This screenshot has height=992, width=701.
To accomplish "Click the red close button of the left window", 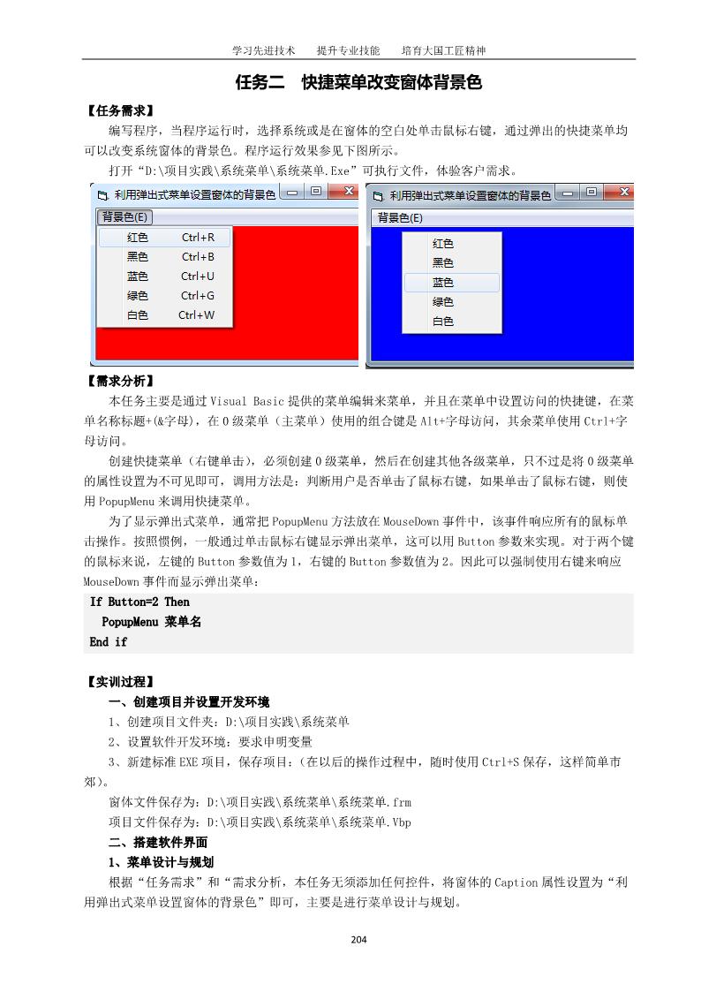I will (348, 192).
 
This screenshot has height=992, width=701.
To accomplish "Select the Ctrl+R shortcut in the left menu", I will (198, 238).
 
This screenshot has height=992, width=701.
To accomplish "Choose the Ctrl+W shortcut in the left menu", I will (196, 315).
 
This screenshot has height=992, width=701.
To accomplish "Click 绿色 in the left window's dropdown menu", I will (137, 296).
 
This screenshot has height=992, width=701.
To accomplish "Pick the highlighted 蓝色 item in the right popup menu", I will (442, 283).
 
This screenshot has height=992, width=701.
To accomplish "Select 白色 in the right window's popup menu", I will (442, 322).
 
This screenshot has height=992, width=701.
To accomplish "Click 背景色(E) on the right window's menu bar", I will (400, 217).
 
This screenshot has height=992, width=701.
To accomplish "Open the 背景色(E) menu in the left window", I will (125, 217).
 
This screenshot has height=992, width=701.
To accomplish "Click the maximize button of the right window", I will (592, 192).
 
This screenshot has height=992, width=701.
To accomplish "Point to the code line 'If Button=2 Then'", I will (139, 602).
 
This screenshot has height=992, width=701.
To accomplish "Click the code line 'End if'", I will (108, 642).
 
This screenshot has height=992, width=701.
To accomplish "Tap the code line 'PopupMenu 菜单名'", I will (151, 622).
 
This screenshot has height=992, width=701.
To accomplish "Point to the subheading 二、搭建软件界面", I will (157, 843).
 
